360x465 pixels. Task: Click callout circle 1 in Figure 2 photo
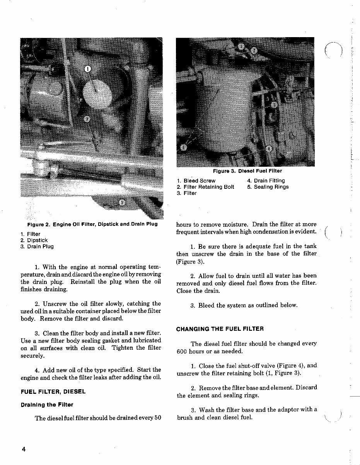pos(87,69)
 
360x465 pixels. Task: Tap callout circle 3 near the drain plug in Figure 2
pos(122,202)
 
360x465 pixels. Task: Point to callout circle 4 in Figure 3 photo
pos(270,149)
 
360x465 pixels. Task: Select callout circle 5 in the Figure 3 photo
pos(184,147)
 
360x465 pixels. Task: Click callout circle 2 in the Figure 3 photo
pos(253,50)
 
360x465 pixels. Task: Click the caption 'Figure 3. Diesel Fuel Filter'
pos(247,171)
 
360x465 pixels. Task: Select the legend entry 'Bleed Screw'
pos(199,181)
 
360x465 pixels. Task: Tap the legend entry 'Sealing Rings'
pos(271,187)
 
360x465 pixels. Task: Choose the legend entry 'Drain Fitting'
pos(269,181)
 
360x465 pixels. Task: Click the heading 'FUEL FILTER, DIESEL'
pos(53,391)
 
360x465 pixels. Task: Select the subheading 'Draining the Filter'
pos(47,405)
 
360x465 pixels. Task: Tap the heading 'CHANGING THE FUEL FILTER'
pos(220,329)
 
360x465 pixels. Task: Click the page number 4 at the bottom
pos(24,450)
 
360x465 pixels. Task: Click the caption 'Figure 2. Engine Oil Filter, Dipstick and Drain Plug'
pos(92,224)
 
